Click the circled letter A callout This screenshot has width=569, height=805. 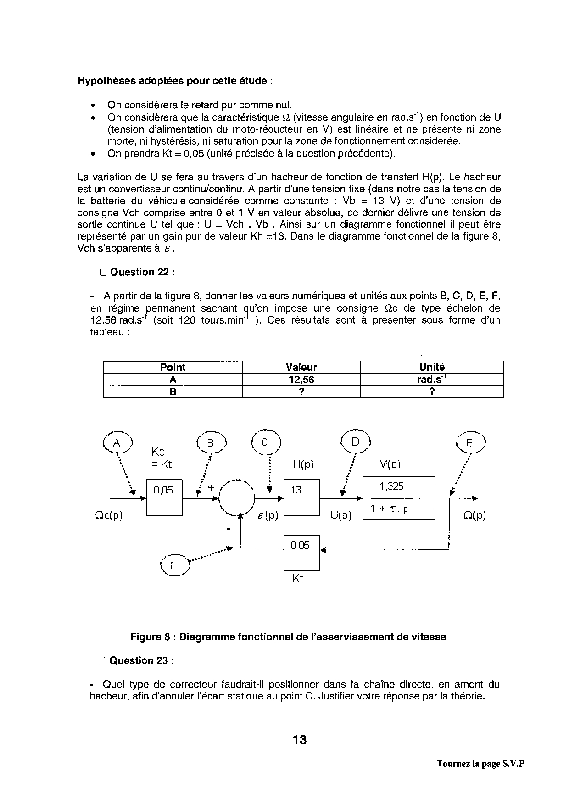[117, 442]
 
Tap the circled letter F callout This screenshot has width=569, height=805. [174, 565]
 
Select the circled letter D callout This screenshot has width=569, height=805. [355, 442]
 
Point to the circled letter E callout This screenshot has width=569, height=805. [471, 442]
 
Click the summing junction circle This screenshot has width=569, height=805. [236, 498]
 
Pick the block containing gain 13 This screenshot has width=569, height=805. [301, 498]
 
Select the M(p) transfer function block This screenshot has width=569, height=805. [398, 498]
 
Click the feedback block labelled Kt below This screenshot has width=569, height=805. [301, 553]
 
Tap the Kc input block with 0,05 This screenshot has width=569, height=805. [164, 498]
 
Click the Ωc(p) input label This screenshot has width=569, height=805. [109, 515]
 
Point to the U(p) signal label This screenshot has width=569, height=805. [341, 515]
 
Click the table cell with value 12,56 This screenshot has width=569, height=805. [301, 380]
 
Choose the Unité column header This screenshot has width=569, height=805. [432, 367]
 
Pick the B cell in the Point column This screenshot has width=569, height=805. [173, 391]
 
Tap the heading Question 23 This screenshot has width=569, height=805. [141, 660]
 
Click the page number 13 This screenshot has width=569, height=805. [300, 740]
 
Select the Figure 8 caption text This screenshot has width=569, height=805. [288, 637]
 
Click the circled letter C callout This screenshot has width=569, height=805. [265, 442]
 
